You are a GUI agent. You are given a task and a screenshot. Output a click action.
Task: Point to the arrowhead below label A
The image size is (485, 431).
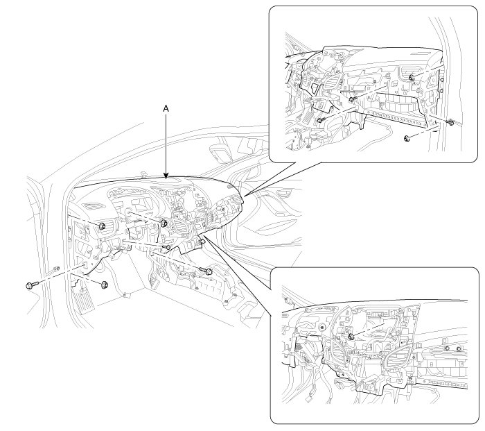click(x=166, y=178)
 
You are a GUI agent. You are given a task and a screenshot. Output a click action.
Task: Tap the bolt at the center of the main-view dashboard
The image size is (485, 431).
click(x=165, y=223)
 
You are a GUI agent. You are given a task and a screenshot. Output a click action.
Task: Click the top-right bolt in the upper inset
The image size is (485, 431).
click(x=412, y=77)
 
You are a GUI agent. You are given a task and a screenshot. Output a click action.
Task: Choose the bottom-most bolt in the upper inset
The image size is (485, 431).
click(x=406, y=140)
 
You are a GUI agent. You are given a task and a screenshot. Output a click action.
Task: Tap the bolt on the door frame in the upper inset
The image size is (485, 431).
click(x=450, y=124)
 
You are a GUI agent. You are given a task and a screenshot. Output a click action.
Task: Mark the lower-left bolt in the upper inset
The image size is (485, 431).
click(x=321, y=120)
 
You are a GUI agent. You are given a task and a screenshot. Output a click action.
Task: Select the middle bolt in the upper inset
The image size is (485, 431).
click(x=353, y=100)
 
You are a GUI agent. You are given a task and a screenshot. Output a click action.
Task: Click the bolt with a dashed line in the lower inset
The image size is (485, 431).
click(x=352, y=336)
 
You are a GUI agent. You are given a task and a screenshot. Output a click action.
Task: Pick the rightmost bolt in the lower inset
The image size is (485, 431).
click(x=458, y=348)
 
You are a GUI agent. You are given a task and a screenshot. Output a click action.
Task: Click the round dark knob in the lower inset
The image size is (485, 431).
click(x=322, y=326)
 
